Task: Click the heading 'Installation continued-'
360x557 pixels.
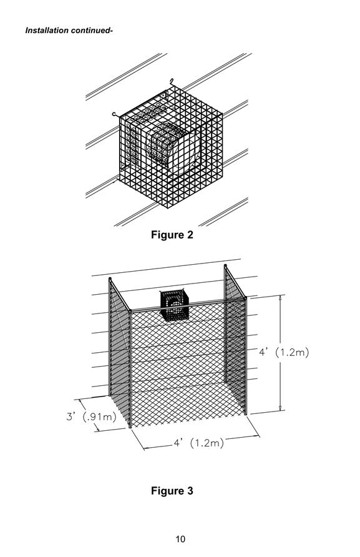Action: [x=69, y=31]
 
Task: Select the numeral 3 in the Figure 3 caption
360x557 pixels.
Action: [x=190, y=491]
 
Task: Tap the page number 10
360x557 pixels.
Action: [x=180, y=540]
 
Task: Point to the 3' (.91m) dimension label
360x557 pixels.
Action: [x=91, y=417]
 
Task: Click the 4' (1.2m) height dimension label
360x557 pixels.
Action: [x=284, y=352]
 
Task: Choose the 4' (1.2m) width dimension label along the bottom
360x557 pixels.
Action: [x=199, y=443]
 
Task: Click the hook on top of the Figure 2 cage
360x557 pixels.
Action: [x=172, y=81]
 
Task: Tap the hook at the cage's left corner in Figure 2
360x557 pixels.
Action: [x=114, y=114]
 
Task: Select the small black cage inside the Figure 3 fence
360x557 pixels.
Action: [x=174, y=305]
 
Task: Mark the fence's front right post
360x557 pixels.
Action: [x=245, y=357]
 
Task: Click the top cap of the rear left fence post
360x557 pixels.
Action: [x=110, y=279]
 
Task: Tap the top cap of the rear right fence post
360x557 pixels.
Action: [x=225, y=266]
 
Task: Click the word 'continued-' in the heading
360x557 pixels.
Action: [x=92, y=31]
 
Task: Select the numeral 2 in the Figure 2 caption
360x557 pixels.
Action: [x=190, y=235]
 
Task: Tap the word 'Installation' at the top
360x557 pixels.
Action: [x=47, y=31]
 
